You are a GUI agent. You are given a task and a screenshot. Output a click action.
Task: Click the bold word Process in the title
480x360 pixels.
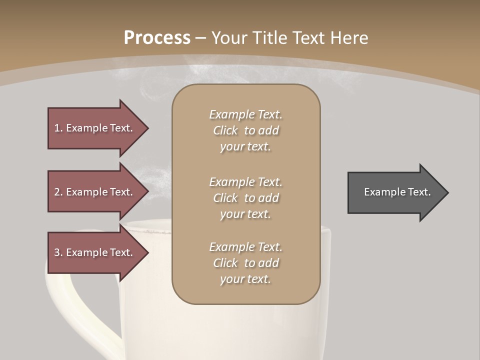157,38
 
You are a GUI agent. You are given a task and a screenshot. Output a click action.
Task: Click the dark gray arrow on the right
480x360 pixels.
395,192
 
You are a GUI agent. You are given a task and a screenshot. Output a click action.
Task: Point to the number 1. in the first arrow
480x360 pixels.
58,128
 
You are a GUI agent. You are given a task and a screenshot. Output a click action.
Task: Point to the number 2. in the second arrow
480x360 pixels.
58,192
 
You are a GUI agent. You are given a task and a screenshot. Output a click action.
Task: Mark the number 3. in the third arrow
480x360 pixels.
58,252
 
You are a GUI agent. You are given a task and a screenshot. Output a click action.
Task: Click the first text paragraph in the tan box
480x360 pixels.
245,130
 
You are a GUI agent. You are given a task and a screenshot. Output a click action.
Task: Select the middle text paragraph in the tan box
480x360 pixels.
245,198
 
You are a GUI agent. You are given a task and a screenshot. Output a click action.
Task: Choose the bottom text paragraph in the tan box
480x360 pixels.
245,263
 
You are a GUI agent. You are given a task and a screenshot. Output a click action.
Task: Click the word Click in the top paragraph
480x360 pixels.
225,131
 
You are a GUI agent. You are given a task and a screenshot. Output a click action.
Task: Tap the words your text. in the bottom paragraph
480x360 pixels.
245,279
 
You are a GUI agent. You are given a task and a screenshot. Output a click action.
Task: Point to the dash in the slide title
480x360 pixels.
200,38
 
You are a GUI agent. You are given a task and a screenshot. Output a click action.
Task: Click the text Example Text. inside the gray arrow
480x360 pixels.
397,192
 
